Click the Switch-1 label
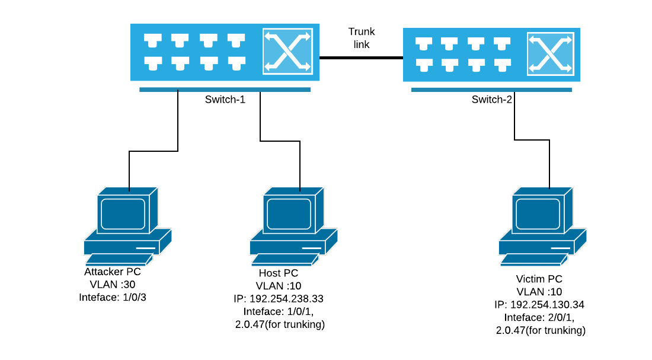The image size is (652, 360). click(x=225, y=100)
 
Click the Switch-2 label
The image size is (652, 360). click(x=491, y=100)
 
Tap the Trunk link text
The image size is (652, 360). click(x=362, y=38)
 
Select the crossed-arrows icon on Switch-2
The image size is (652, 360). click(x=552, y=55)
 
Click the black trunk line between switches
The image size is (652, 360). click(x=361, y=58)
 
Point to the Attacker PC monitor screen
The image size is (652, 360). click(x=123, y=214)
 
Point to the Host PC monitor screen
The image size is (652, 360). click(x=289, y=214)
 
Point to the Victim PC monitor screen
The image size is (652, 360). click(x=538, y=214)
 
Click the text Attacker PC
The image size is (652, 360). click(x=113, y=272)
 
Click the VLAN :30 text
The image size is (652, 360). click(x=113, y=285)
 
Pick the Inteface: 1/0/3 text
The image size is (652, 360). click(x=113, y=297)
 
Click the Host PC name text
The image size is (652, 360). click(x=279, y=273)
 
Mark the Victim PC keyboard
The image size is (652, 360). click(x=533, y=259)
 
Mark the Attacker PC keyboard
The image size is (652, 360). click(x=119, y=259)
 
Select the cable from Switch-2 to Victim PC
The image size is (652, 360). click(x=514, y=119)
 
